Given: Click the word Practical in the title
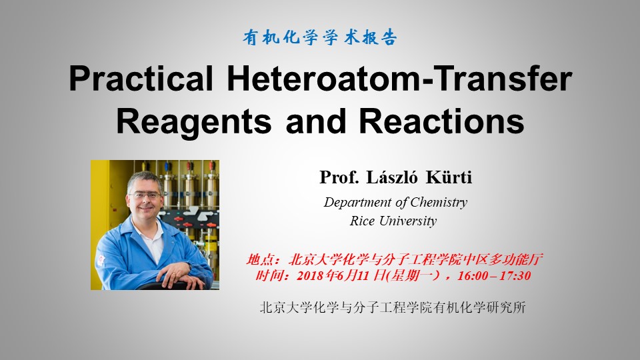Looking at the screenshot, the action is pos(141,79).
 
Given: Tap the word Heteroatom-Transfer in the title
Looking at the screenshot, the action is pos(399,79).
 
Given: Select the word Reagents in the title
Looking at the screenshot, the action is pos(194,122).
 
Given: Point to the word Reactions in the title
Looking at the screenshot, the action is pos(441,121).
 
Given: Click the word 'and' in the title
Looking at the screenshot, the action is pos(315,121).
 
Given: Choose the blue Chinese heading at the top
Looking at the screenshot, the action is pos(319,37).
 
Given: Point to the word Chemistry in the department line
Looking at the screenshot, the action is pos(439,203).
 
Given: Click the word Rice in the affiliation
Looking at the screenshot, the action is pos(362,221).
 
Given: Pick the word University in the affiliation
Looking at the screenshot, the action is pos(408,221).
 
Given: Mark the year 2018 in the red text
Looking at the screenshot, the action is pos(311,275).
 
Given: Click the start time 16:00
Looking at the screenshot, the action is pos(473,275).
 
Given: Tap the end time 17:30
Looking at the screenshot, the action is pos(515,275).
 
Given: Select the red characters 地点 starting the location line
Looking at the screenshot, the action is pos(259,259).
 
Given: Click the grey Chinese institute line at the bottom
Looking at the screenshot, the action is pos(393,307).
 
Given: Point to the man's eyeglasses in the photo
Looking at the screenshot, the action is pos(144,195).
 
